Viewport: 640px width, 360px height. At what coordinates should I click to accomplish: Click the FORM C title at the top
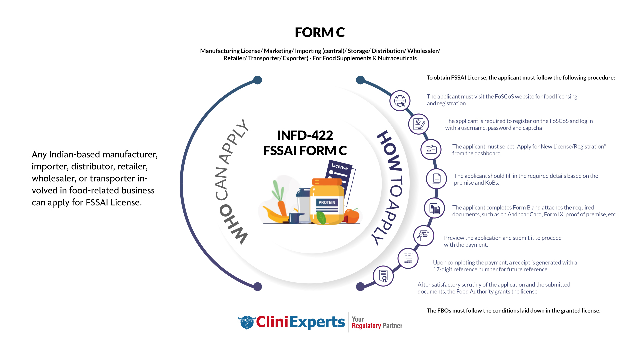point(319,32)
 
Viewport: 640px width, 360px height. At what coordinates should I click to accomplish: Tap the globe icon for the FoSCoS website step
point(400,101)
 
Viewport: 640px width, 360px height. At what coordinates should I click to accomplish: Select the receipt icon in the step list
point(408,258)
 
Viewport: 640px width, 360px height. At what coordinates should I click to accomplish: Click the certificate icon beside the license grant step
point(383,276)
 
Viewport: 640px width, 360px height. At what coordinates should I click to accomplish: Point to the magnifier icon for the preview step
point(424,236)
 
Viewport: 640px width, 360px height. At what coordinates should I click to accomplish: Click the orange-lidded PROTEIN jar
point(327,203)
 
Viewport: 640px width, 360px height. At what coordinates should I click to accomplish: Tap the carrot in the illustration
point(282,207)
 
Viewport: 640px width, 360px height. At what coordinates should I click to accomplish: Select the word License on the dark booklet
point(340,166)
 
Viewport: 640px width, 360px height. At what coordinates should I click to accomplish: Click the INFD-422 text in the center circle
point(305,135)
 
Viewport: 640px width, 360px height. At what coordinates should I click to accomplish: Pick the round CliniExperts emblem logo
point(247,322)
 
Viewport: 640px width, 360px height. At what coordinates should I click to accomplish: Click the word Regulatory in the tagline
point(366,326)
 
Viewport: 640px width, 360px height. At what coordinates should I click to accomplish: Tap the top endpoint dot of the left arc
point(258,80)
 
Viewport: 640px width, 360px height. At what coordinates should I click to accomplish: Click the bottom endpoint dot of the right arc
point(360,286)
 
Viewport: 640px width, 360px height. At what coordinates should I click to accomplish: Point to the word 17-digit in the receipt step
point(443,269)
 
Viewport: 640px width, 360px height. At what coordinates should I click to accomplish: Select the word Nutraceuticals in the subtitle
point(397,58)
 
